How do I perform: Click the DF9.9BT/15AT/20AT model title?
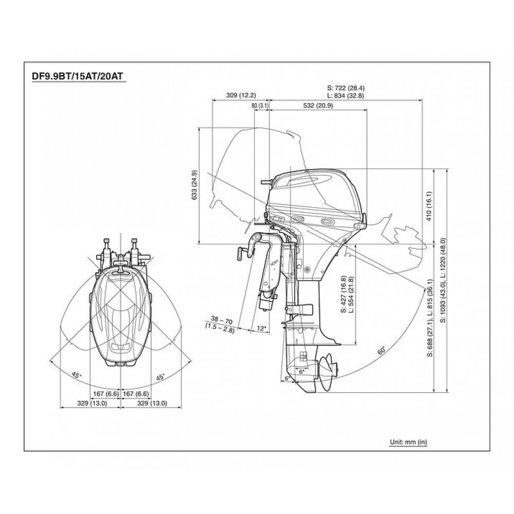tap(77, 76)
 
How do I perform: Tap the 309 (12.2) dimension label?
tap(241, 96)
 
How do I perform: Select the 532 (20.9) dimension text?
tap(318, 105)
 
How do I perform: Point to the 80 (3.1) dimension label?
tap(260, 105)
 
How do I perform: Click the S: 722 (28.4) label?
tap(346, 88)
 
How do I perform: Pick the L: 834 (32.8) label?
tap(346, 96)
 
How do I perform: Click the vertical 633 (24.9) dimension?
tap(194, 185)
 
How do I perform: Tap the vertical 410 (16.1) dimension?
tap(429, 206)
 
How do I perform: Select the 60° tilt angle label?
tap(381, 351)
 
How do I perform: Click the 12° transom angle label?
tap(262, 328)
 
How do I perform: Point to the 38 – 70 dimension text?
tap(221, 320)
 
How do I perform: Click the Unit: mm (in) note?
tap(409, 442)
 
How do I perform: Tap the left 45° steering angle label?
tap(77, 375)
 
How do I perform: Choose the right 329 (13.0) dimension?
tap(152, 403)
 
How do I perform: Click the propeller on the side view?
tap(328, 372)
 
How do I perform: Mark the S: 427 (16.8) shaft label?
tap(343, 295)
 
